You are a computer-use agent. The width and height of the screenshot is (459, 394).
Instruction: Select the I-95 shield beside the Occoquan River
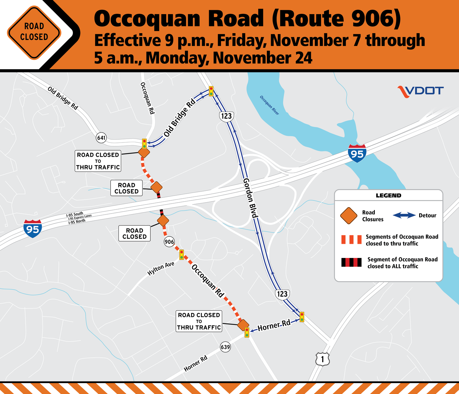[357, 153]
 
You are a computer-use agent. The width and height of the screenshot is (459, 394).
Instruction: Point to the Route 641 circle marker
[101, 138]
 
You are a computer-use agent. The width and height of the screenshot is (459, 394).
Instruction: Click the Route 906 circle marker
[169, 242]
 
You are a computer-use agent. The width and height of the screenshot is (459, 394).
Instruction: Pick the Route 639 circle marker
[225, 347]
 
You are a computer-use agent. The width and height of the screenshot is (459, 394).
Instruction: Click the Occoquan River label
[269, 105]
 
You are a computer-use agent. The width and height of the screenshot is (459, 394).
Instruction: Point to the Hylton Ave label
[161, 268]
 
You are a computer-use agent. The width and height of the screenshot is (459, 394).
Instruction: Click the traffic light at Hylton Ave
[181, 254]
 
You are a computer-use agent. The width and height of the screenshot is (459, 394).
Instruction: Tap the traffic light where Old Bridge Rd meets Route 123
[211, 91]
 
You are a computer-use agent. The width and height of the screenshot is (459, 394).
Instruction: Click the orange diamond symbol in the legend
[349, 215]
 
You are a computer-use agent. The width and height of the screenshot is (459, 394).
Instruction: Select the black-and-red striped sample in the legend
[351, 263]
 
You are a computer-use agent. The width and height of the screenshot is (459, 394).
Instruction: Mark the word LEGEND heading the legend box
[388, 196]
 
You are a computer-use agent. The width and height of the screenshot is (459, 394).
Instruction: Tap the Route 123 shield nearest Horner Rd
[282, 294]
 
